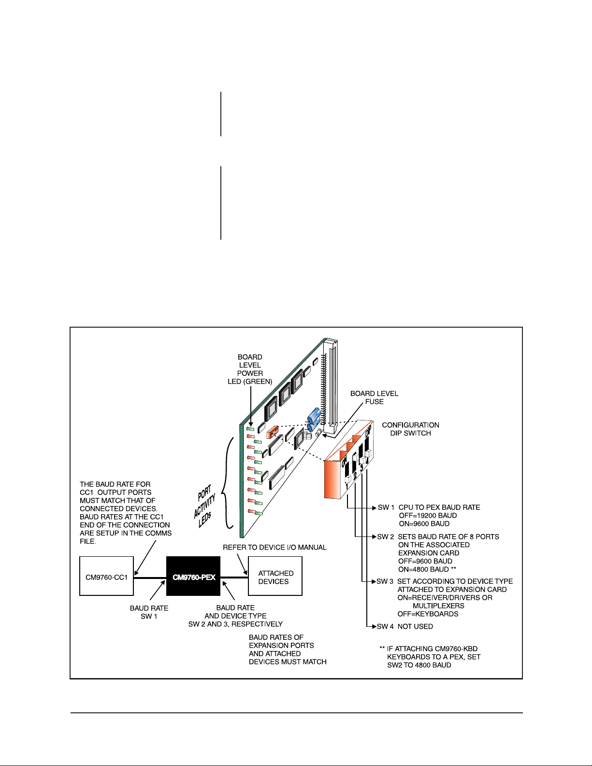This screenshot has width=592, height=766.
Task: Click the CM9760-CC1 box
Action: click(x=106, y=577)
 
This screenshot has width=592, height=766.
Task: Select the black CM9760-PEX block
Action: click(x=194, y=577)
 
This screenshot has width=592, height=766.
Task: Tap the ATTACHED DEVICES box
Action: click(x=274, y=577)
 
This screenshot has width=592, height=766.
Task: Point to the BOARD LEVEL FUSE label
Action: click(x=374, y=397)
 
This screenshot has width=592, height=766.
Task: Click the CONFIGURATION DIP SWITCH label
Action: click(x=410, y=429)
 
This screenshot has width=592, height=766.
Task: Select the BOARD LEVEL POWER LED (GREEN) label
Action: click(x=250, y=369)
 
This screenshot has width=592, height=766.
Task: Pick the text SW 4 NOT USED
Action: click(x=405, y=626)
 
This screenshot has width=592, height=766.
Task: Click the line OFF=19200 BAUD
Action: click(x=427, y=515)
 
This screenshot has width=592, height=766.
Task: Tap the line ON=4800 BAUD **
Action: click(x=427, y=569)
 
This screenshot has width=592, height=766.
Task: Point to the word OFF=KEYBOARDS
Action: click(x=428, y=614)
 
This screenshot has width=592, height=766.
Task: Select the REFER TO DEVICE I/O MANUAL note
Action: click(x=274, y=547)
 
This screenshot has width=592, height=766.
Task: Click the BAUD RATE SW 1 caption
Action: click(x=149, y=612)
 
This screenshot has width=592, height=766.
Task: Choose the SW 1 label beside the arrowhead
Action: click(x=386, y=507)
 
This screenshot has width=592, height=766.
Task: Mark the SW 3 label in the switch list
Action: click(x=385, y=581)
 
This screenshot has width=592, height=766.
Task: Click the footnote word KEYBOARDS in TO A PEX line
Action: click(x=405, y=657)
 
